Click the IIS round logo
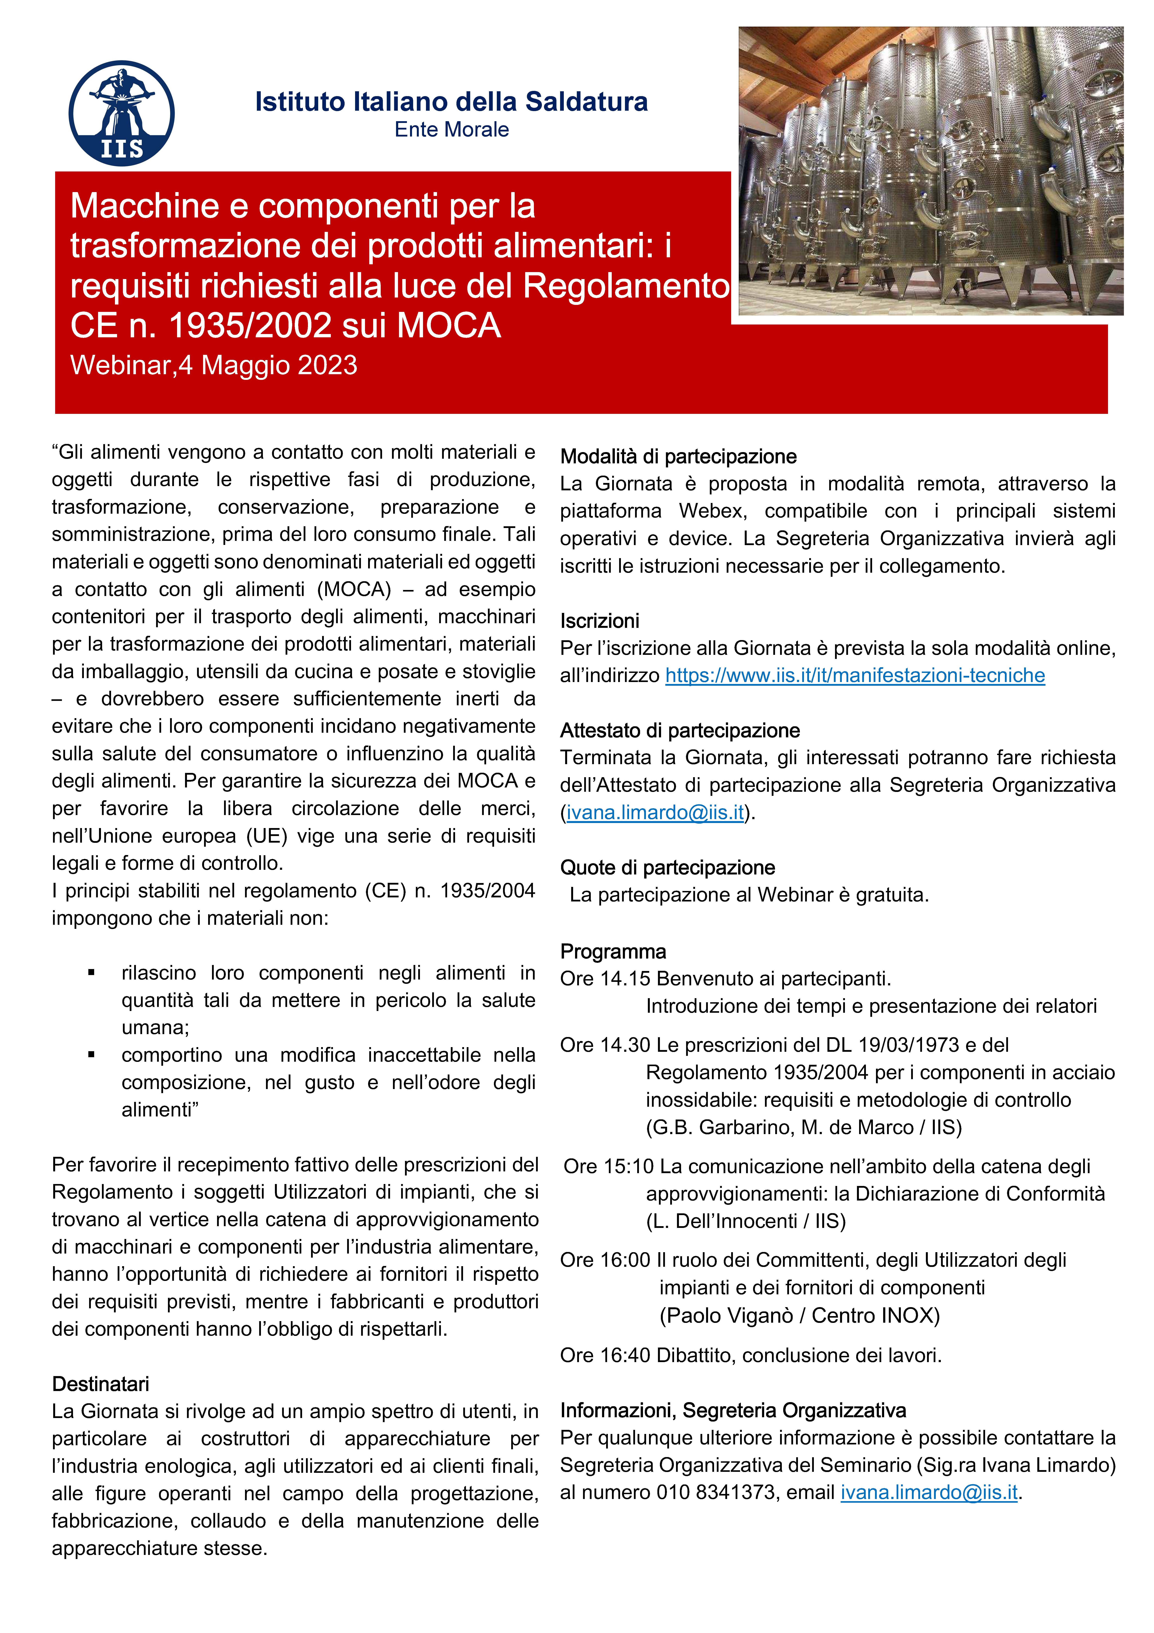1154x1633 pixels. click(122, 113)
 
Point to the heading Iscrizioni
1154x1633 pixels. click(599, 621)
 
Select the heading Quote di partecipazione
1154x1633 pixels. click(667, 868)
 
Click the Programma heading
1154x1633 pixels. click(613, 952)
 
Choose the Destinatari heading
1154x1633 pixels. click(100, 1384)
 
